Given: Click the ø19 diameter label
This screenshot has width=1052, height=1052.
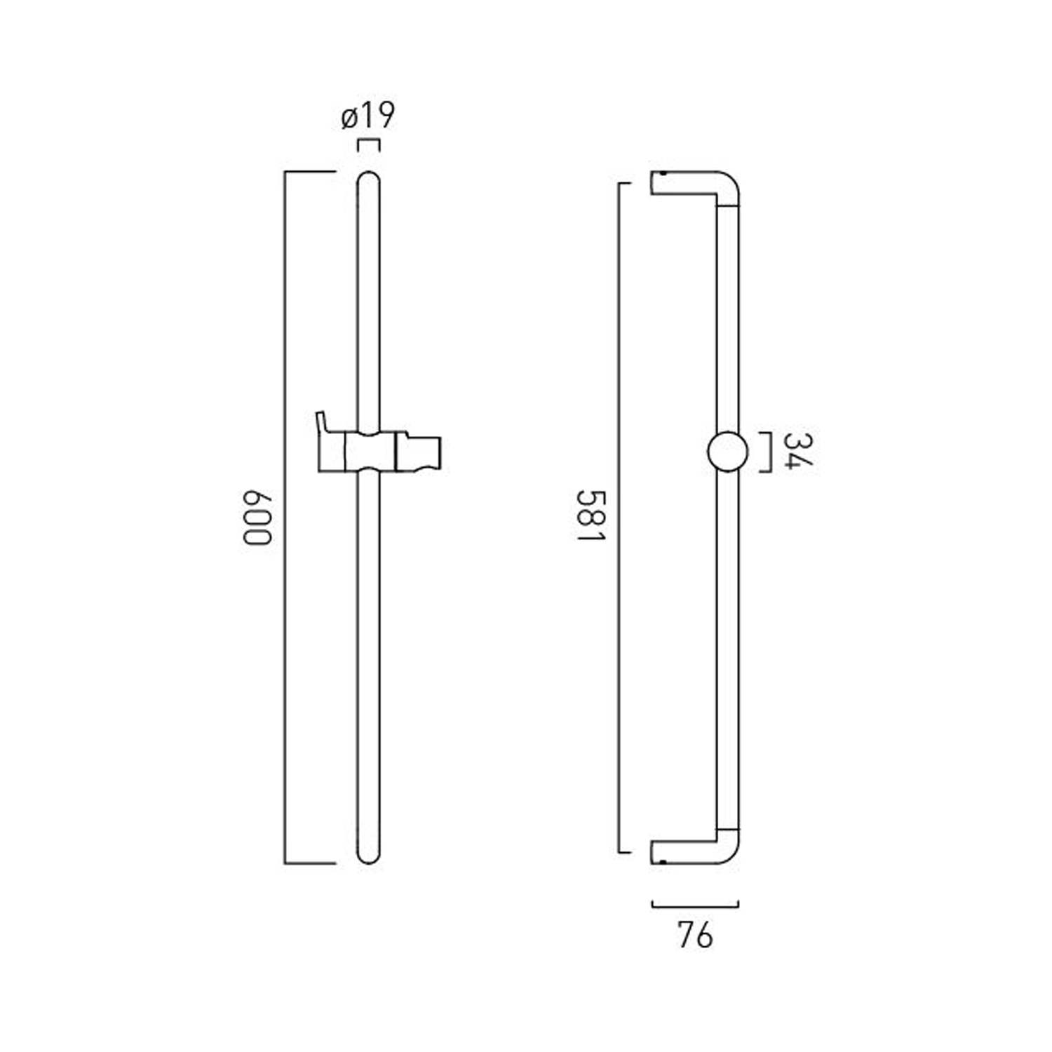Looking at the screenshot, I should coord(368,116).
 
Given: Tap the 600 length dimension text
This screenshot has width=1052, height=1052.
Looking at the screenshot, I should coord(257,518).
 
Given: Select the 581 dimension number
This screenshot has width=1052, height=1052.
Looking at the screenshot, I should coord(590,515).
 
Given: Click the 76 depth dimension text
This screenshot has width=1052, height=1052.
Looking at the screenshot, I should coord(695,935).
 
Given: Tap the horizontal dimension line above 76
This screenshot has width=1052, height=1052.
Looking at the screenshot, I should coord(695,905).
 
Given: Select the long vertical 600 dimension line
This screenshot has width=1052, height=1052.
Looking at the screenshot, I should coord(285,518).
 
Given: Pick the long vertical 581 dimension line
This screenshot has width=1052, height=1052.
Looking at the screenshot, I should coord(619,518).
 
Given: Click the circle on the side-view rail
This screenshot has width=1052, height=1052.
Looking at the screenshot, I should coord(727,452).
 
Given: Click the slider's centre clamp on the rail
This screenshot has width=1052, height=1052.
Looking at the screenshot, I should coord(369,452).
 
